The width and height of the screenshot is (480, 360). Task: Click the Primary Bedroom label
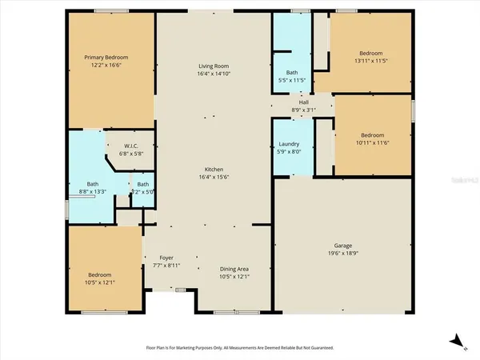(107, 58)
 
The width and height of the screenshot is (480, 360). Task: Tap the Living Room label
(214, 66)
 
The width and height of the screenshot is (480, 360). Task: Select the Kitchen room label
(214, 170)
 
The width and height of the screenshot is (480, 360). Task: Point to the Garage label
(343, 246)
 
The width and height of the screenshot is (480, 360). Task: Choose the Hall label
(304, 103)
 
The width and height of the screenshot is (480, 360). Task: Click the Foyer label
(166, 258)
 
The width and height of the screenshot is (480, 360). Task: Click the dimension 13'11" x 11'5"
(370, 60)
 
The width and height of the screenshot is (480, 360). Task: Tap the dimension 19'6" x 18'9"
(343, 253)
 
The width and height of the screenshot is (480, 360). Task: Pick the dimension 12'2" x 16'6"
(107, 65)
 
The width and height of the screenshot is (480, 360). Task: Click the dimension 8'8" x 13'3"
(93, 191)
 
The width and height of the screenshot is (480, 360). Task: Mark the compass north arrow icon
(455, 341)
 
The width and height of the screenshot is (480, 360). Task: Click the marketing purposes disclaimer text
(239, 348)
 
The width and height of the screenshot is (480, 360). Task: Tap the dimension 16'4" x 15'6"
(214, 178)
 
